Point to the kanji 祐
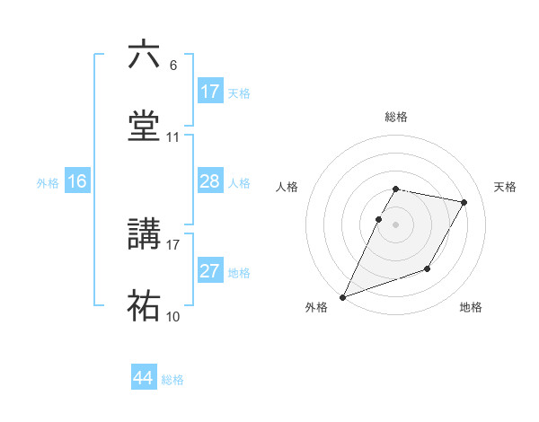(x=145, y=305)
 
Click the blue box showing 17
(x=210, y=92)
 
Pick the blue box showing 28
(x=210, y=181)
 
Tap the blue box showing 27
(x=210, y=271)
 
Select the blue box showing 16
(x=77, y=181)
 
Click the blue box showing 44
(x=144, y=378)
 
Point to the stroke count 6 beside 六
(x=172, y=66)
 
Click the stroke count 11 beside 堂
(x=172, y=137)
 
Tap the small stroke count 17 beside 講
(x=172, y=244)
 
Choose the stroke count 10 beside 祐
(x=172, y=316)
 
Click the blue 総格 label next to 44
(x=172, y=380)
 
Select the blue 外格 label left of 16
(x=48, y=182)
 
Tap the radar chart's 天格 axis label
(x=506, y=187)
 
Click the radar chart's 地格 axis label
(x=471, y=307)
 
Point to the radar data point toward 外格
(x=342, y=297)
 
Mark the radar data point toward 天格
(x=464, y=202)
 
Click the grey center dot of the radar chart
(x=395, y=224)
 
